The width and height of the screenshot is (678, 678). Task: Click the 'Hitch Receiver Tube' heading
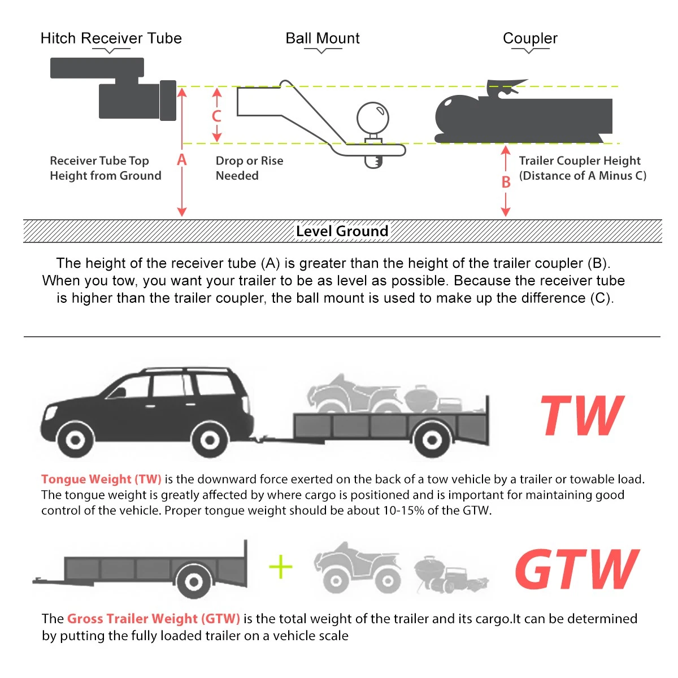coord(111,38)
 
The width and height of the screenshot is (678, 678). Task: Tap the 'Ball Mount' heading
coord(322,38)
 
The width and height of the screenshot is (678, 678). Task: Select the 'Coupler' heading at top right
coord(529,38)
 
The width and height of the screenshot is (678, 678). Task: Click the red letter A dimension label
coord(181,160)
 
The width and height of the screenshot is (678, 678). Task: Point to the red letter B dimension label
coord(506,182)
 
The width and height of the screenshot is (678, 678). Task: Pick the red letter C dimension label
coord(216,116)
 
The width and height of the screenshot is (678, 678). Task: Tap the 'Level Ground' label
coord(342,231)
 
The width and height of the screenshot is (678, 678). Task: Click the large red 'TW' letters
coord(581,416)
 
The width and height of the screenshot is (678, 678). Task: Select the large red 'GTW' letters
coord(576,569)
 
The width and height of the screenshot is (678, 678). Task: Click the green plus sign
coord(281,567)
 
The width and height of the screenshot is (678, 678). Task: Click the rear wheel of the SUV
coord(210,440)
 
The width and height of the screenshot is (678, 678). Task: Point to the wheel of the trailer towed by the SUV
coord(432,439)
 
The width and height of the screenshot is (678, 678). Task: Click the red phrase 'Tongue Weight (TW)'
coord(101,479)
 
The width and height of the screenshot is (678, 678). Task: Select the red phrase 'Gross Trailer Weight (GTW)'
coord(153,619)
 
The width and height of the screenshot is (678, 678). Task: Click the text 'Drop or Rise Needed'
coord(249,168)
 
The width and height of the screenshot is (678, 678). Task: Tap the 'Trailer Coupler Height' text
coord(579,161)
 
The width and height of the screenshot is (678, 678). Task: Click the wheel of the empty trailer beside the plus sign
coord(193,581)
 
